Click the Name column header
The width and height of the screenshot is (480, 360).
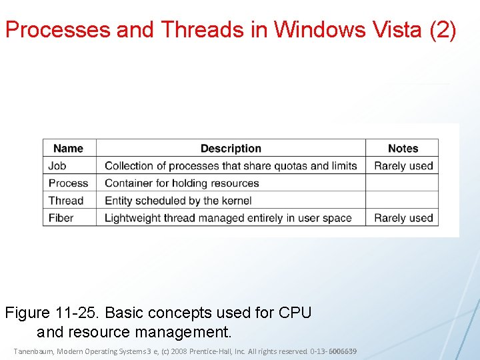68,149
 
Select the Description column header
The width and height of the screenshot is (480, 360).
231,149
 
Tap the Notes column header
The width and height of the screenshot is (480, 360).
403,149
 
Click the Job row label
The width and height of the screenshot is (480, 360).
57,166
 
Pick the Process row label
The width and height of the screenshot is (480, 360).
68,183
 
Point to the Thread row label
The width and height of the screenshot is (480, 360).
66,201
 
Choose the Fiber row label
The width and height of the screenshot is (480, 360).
61,218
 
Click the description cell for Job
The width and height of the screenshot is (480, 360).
231,166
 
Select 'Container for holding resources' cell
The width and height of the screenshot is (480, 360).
181,183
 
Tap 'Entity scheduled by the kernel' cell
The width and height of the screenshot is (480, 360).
178,201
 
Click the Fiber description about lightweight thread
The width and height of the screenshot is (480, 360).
228,218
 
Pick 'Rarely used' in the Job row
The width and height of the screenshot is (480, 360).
403,166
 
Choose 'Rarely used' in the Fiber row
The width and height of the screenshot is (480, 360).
403,218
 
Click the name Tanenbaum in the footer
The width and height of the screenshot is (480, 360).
34,351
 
